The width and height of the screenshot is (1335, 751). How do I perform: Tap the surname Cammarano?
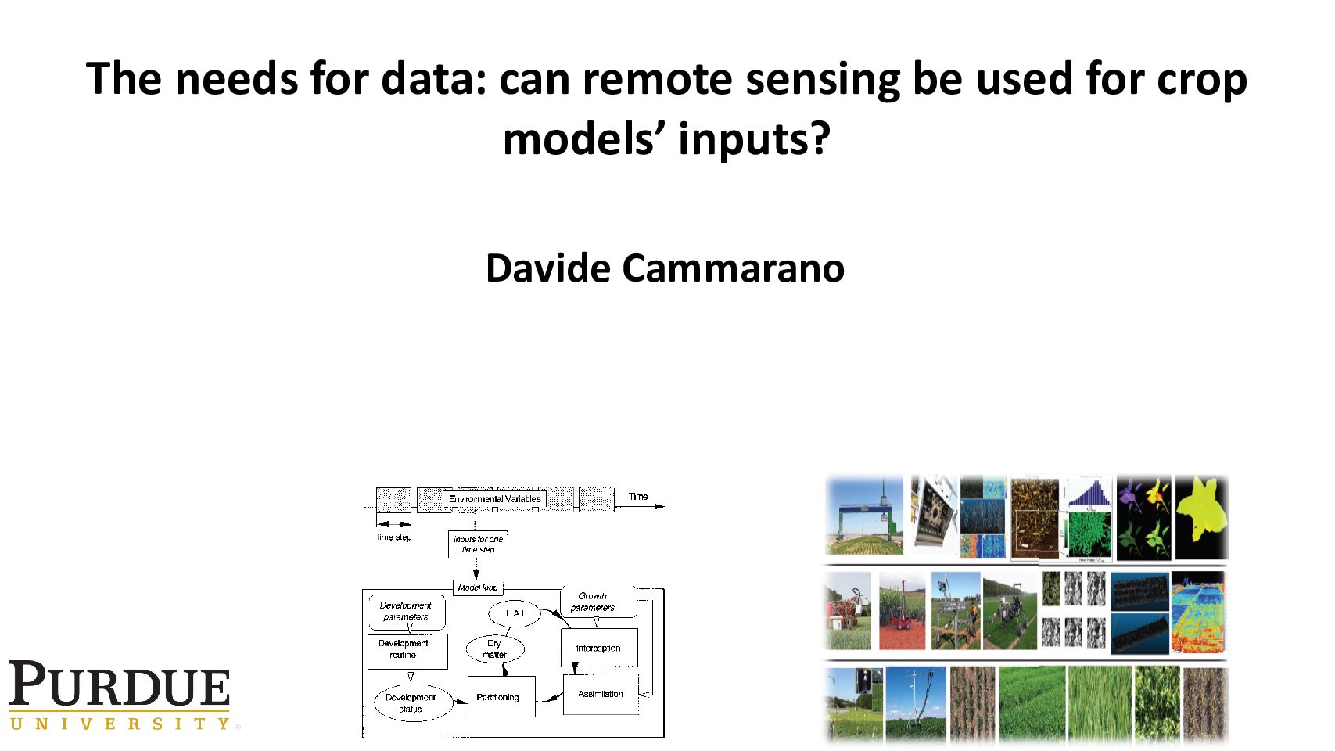(733, 268)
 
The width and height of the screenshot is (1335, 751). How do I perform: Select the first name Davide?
(547, 268)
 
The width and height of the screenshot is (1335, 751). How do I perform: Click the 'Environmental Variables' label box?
(494, 499)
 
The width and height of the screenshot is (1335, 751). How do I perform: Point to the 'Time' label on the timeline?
(638, 497)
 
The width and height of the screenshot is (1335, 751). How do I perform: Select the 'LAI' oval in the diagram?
(515, 613)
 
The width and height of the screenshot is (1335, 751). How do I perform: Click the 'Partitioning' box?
(501, 697)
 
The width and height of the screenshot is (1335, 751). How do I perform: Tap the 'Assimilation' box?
(600, 694)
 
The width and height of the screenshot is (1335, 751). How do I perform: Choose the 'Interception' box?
(598, 648)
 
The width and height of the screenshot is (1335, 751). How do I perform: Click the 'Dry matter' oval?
(494, 649)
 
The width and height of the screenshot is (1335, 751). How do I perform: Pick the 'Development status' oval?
(411, 702)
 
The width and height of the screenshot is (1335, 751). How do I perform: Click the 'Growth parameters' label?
(593, 602)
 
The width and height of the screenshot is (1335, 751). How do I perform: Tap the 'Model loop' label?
(477, 588)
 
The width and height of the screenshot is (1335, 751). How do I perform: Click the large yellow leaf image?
(1202, 516)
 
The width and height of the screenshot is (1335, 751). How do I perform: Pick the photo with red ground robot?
(902, 611)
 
